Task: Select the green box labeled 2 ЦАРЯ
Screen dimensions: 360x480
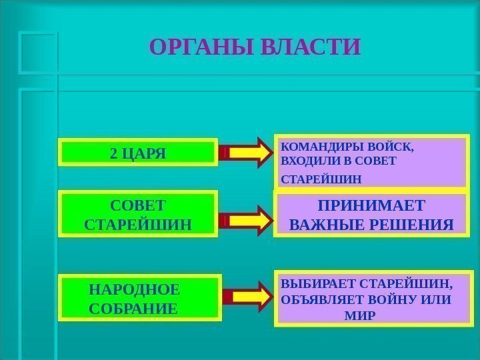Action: [x=139, y=153]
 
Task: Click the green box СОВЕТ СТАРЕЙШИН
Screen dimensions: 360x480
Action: [x=139, y=214]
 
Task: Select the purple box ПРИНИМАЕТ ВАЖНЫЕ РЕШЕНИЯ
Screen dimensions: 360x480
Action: [x=371, y=214]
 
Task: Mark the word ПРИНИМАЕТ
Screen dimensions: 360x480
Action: [x=371, y=204]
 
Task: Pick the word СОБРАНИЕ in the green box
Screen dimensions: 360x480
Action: [x=133, y=309]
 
